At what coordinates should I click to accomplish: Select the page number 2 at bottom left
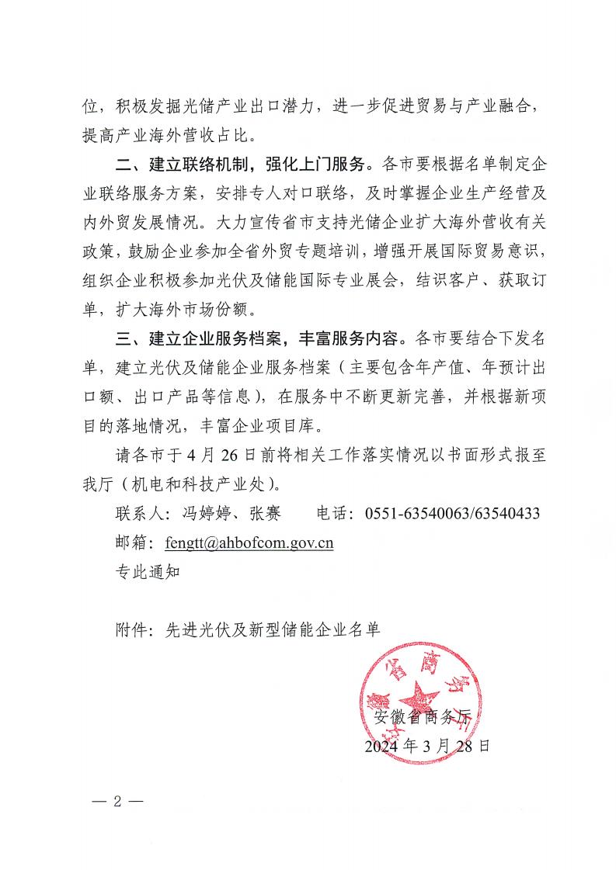[x=119, y=801]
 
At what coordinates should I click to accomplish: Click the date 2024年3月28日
[x=428, y=747]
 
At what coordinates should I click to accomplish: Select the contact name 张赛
[x=263, y=514]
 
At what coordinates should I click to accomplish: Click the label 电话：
[x=337, y=514]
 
